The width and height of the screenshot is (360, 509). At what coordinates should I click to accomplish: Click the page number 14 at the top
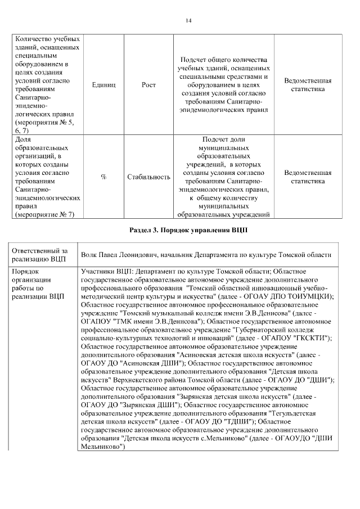(x=188, y=21)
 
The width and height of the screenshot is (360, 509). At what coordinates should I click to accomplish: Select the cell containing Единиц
(x=103, y=84)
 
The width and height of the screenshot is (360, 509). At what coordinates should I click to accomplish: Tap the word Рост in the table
(x=148, y=84)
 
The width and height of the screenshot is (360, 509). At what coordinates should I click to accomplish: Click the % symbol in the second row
(x=103, y=177)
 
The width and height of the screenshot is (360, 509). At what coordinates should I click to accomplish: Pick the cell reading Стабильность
(x=148, y=177)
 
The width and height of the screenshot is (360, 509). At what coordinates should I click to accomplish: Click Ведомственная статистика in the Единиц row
(x=308, y=84)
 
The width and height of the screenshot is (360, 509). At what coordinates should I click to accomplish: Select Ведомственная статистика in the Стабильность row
(x=308, y=177)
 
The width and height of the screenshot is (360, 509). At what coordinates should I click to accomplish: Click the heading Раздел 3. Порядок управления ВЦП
(x=188, y=231)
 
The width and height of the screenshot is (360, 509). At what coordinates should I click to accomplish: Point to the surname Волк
(x=90, y=255)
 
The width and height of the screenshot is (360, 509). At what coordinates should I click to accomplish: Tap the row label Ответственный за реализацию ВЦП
(x=40, y=254)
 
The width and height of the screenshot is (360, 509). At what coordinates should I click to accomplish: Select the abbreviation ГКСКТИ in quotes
(x=308, y=337)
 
